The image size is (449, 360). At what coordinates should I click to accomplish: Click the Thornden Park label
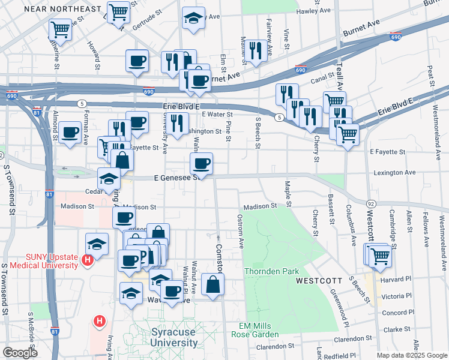point(271,271)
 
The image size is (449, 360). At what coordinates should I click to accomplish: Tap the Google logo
point(20,352)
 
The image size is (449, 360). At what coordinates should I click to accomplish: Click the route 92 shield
point(372,204)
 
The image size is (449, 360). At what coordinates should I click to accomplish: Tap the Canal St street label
point(321,80)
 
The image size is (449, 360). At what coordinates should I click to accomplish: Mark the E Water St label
point(217,114)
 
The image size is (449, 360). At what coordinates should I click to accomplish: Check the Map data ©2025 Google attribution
point(411,355)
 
